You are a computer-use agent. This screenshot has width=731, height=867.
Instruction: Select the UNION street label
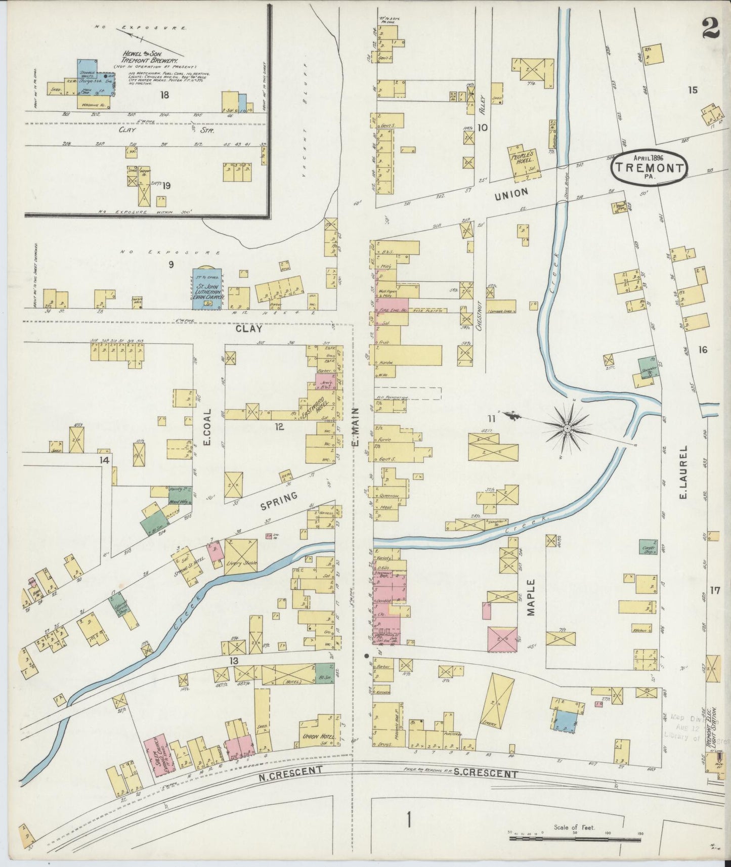click(x=512, y=193)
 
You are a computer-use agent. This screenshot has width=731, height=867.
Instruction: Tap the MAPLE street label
click(x=531, y=597)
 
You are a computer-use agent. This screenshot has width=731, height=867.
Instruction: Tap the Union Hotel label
click(x=318, y=737)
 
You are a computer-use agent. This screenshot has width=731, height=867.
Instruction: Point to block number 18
click(x=164, y=95)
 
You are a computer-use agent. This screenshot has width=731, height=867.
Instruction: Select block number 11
click(x=491, y=417)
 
